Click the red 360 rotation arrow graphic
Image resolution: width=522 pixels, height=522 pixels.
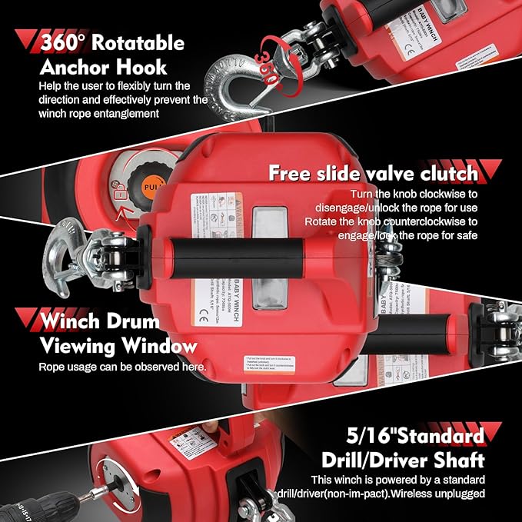(266, 58)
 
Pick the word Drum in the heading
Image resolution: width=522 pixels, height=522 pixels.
(126, 320)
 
